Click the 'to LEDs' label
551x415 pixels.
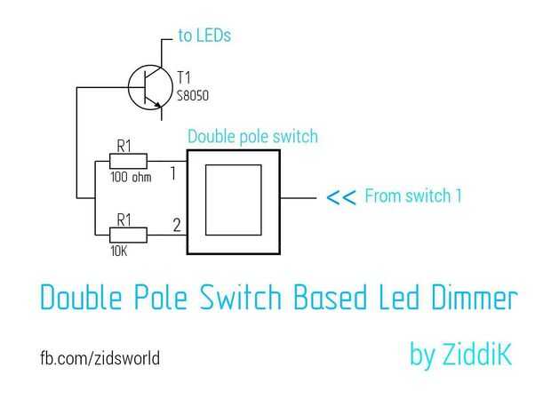pos(204,36)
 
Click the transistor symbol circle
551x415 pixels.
pos(129,87)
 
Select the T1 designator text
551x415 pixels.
pos(183,77)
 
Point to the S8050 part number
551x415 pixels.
pos(193,96)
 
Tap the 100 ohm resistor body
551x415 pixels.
pos(128,162)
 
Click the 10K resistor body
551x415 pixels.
pos(128,235)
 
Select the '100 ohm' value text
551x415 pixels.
pos(131,177)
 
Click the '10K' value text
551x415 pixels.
pos(119,251)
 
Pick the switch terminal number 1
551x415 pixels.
pos(173,173)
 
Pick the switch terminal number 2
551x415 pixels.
pos(177,225)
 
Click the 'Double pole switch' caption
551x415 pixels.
pos(252,137)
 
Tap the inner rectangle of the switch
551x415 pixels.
pos(205,200)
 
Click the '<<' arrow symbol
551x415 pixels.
pos(341,197)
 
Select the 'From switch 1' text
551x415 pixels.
pos(413,196)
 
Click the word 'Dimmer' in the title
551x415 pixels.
pos(475,298)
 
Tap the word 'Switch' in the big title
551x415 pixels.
pos(241,298)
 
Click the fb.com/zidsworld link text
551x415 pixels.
pos(100,358)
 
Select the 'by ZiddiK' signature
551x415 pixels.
pos(460,355)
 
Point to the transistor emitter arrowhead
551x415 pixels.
pos(158,105)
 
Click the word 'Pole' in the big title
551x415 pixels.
pos(161,298)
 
